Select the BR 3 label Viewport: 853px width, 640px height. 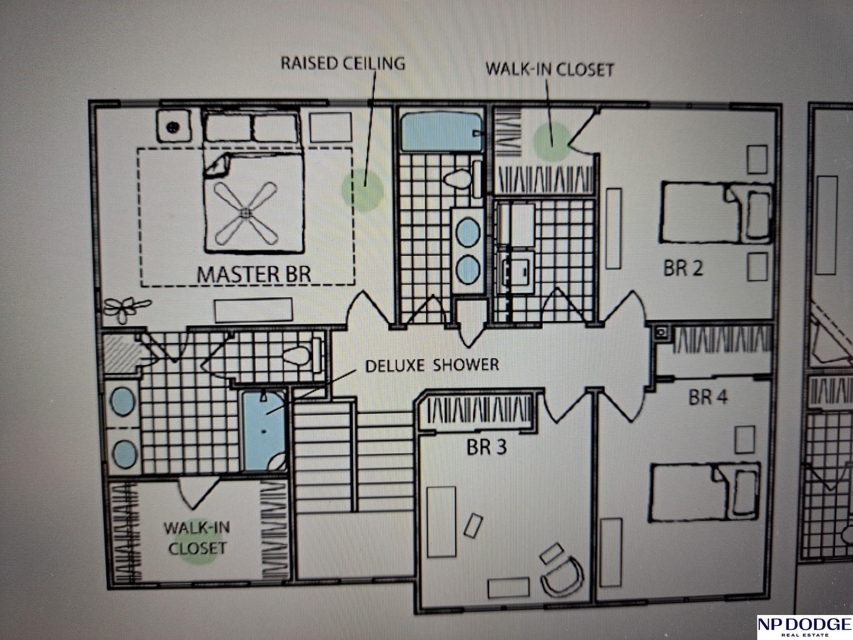486,447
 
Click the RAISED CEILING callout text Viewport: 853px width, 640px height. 343,63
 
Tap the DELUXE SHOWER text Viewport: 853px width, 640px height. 432,365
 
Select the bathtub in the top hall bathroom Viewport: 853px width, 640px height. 442,132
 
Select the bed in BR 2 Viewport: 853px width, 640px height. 716,213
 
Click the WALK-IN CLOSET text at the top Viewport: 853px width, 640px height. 550,69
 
